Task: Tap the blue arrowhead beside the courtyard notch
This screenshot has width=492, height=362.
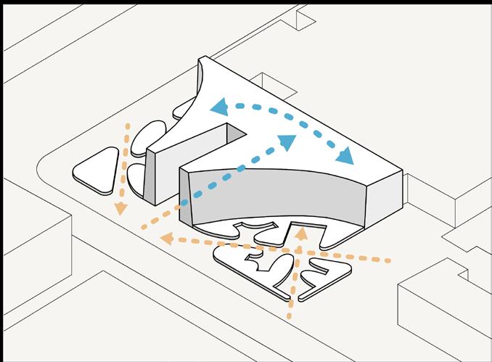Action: pyautogui.click(x=287, y=142)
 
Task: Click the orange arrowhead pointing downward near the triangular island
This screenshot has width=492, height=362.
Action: pyautogui.click(x=121, y=207)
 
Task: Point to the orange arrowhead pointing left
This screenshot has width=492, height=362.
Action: pyautogui.click(x=167, y=237)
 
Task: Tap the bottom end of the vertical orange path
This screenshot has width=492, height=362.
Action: pyautogui.click(x=290, y=316)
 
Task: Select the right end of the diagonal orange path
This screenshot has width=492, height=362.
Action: pyautogui.click(x=390, y=260)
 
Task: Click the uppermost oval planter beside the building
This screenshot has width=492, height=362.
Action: pyautogui.click(x=186, y=110)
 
